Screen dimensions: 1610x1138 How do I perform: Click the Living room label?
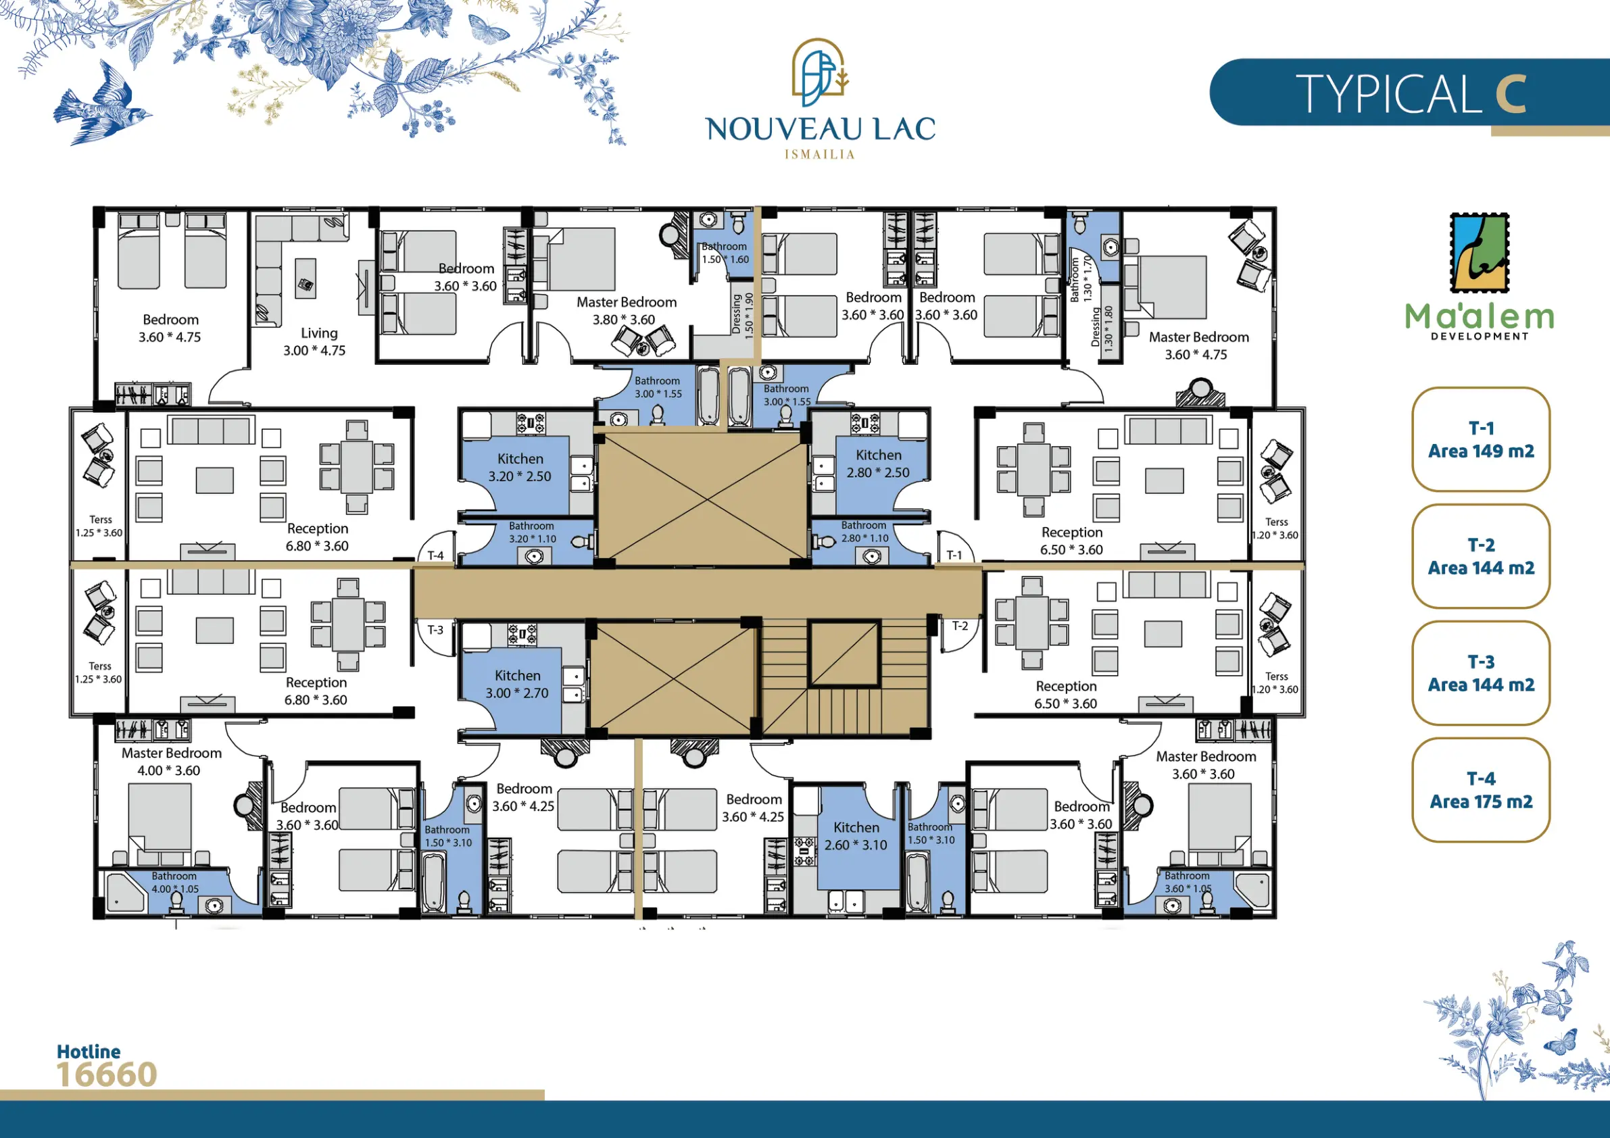click(314, 341)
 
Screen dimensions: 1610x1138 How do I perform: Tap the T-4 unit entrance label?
click(435, 555)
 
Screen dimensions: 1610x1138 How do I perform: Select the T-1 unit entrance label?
click(954, 555)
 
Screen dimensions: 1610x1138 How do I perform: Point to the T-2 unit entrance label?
click(960, 626)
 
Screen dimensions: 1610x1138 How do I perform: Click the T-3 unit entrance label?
click(435, 630)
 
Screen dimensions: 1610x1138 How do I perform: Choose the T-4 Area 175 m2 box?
click(1481, 789)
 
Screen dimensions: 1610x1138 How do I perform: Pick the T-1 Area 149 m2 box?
click(1481, 439)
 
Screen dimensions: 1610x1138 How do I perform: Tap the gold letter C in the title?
click(1511, 94)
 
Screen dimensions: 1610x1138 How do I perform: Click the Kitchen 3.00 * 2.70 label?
click(518, 685)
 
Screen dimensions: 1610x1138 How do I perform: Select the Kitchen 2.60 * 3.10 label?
click(856, 837)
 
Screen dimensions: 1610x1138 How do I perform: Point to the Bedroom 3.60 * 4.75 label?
click(170, 328)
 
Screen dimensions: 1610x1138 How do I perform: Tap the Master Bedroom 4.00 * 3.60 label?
click(171, 762)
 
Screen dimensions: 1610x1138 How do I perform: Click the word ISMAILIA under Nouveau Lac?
click(820, 154)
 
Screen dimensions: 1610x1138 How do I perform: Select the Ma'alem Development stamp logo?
click(1480, 253)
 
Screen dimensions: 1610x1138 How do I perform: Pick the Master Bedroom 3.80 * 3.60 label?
click(626, 311)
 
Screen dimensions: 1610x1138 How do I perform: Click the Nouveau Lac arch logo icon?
click(820, 68)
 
